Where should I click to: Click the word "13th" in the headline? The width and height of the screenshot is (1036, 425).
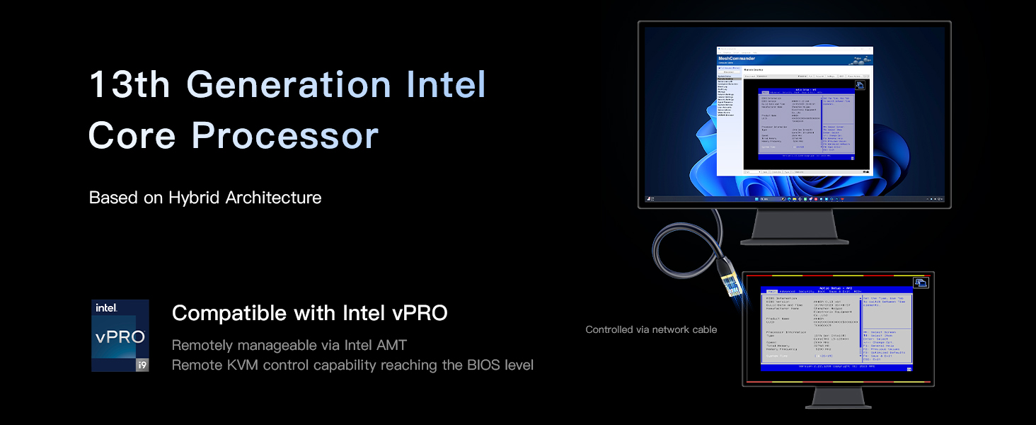coord(129,85)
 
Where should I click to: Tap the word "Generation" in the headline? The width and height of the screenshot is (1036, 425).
coord(289,85)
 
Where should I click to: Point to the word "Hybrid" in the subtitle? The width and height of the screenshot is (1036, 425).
coord(195,198)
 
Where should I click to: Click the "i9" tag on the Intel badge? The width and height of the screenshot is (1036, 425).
coord(142,365)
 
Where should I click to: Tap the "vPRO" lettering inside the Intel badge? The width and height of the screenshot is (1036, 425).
coord(120,336)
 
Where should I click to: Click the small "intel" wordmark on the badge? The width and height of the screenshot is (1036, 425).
coord(106,308)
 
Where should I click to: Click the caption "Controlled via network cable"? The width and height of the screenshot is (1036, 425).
coord(651,329)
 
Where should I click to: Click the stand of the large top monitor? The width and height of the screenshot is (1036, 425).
coord(794,228)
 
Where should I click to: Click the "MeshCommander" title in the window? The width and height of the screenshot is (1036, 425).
coord(736,59)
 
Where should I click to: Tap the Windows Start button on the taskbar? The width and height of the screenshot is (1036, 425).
coord(757,201)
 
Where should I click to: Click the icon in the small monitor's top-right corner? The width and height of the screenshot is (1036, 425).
coord(921,283)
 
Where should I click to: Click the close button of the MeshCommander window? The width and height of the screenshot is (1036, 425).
coord(869,50)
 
